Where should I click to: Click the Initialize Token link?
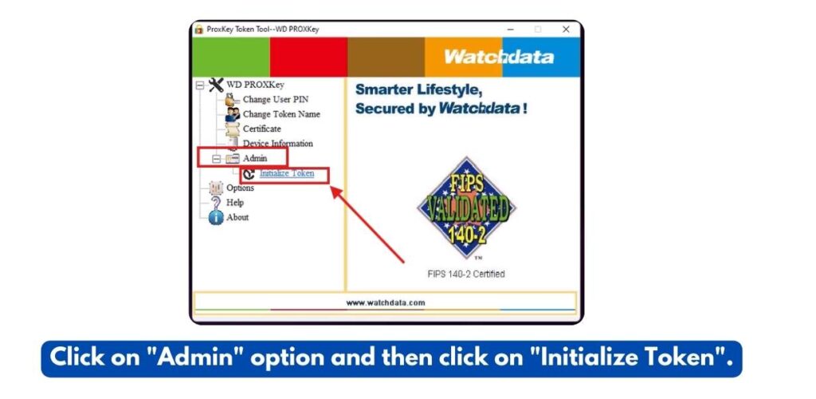click(x=287, y=173)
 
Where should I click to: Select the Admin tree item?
click(x=255, y=158)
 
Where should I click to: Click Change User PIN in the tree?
click(x=275, y=100)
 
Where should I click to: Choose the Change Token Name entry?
click(x=281, y=114)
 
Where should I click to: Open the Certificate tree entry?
click(x=261, y=128)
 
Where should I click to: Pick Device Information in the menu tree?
click(x=278, y=144)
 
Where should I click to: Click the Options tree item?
click(x=240, y=188)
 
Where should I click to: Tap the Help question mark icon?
click(x=216, y=203)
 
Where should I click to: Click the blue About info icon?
click(x=216, y=217)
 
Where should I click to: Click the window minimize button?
click(x=511, y=30)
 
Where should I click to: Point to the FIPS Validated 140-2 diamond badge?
click(x=466, y=208)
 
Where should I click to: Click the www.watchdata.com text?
click(x=386, y=302)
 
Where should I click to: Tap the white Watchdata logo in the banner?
click(x=499, y=56)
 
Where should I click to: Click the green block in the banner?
click(x=231, y=57)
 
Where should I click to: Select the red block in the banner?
click(x=308, y=57)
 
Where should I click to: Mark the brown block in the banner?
click(x=386, y=57)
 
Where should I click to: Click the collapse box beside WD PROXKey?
click(x=200, y=85)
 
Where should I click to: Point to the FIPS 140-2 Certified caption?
click(x=466, y=274)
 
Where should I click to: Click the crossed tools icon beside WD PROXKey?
click(x=216, y=85)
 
